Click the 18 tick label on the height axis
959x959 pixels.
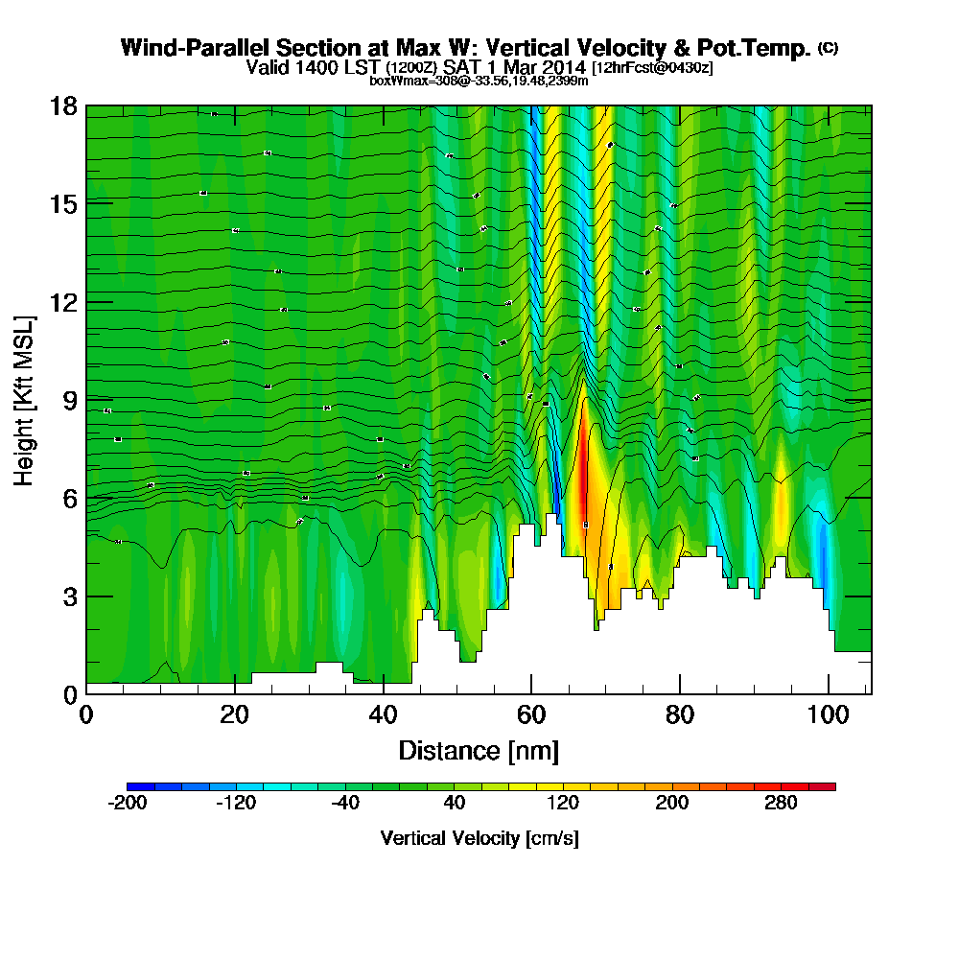(x=63, y=105)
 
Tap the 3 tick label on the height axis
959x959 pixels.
(x=68, y=596)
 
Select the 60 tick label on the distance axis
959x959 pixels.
(x=531, y=714)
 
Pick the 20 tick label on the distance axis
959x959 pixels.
(x=234, y=714)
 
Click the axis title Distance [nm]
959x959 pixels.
(x=479, y=750)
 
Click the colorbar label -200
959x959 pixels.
(x=128, y=804)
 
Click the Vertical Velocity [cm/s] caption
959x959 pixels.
(x=479, y=838)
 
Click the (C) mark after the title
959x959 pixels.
(x=828, y=47)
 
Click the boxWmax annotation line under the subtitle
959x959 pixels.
(x=479, y=81)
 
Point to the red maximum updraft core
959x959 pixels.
(x=582, y=470)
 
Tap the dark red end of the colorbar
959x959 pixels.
(x=829, y=786)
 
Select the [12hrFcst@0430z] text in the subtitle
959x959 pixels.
(x=652, y=68)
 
